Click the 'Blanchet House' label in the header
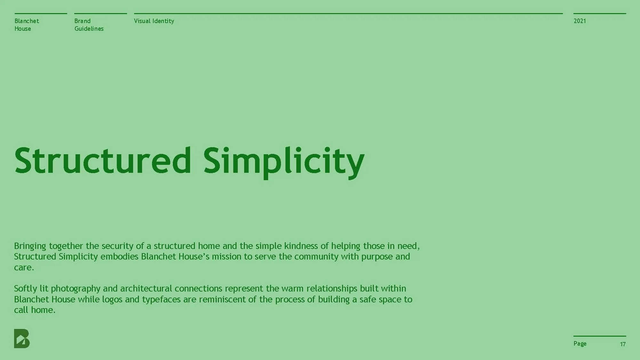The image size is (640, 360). pos(27,25)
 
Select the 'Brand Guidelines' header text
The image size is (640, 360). pos(89,25)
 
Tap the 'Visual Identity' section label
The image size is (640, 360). pos(154,21)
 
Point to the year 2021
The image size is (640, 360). pos(580,21)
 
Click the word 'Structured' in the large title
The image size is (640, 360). pos(103,161)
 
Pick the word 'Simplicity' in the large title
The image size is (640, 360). pos(284,161)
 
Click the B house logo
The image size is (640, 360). pos(22,338)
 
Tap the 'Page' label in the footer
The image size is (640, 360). pos(580,344)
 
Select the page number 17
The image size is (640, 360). pos(622,344)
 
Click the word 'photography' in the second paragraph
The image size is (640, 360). pos(76,289)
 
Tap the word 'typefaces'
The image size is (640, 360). pos(161,300)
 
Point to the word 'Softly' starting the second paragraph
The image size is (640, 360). pos(25,289)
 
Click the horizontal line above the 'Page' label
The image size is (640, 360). pos(599,336)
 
